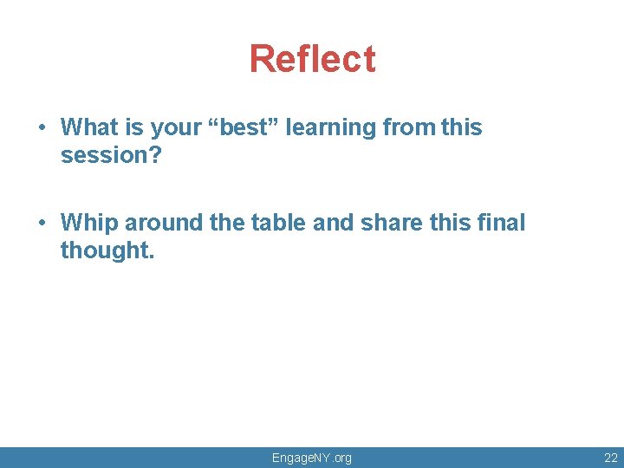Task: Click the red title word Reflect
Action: click(x=312, y=59)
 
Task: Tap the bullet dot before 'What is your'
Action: click(x=42, y=128)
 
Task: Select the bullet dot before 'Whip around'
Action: click(x=42, y=224)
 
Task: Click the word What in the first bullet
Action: click(x=89, y=127)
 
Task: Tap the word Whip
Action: click(x=89, y=224)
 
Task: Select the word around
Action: click(x=164, y=223)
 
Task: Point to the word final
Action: click(x=501, y=223)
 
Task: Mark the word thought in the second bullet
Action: click(x=106, y=251)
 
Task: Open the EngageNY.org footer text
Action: click(x=312, y=458)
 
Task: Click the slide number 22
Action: click(x=610, y=458)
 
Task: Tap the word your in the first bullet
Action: click(x=176, y=128)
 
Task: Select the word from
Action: click(x=408, y=127)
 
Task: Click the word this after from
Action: click(x=461, y=127)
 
